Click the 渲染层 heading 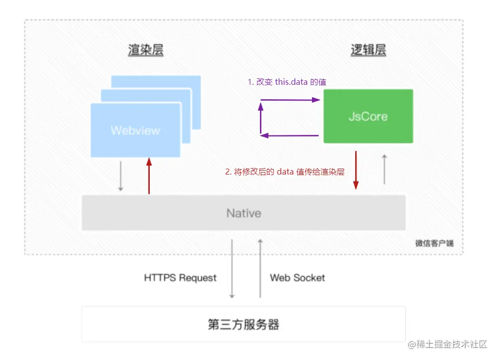(x=145, y=50)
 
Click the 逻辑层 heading (x=368, y=50)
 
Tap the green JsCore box (x=368, y=117)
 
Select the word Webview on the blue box (x=135, y=131)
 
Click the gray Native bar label (x=244, y=213)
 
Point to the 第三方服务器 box (x=244, y=325)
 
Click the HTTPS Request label (x=180, y=278)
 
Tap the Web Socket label (x=297, y=278)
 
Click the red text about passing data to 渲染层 (x=285, y=172)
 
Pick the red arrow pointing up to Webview (x=148, y=176)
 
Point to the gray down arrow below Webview (x=120, y=176)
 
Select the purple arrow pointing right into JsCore (x=290, y=100)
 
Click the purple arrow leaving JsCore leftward (x=290, y=135)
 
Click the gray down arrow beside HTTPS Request (x=232, y=268)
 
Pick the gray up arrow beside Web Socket (x=260, y=268)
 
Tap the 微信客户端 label (x=434, y=243)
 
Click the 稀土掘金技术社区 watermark (x=448, y=344)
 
